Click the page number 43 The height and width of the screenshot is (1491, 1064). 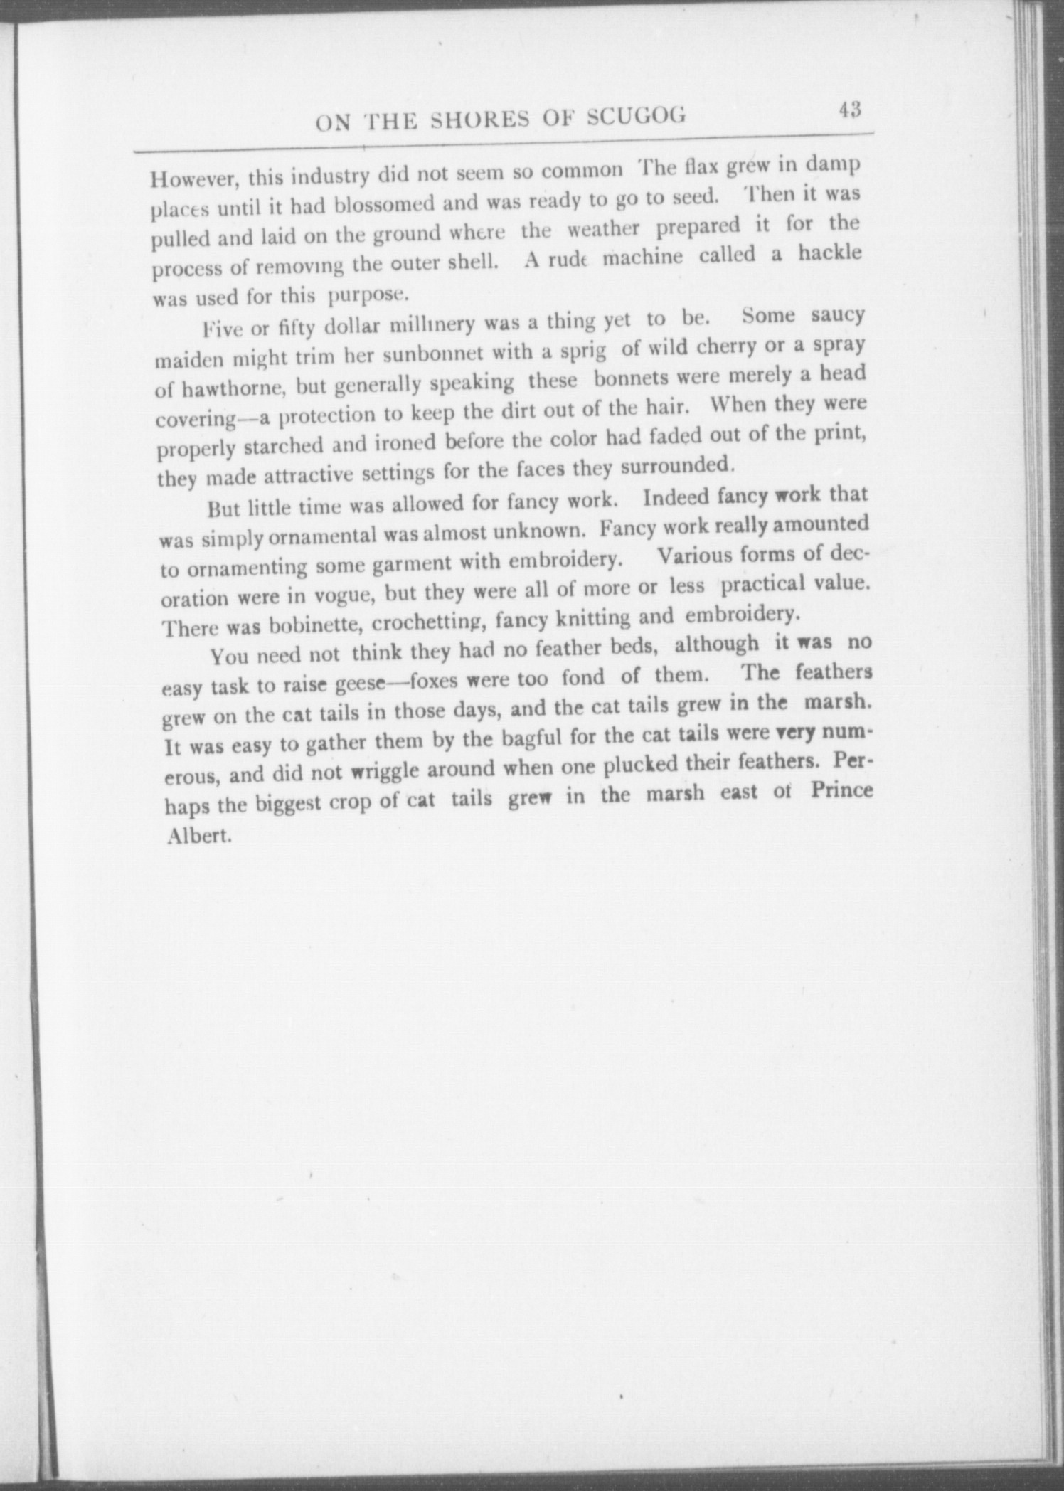pyautogui.click(x=849, y=110)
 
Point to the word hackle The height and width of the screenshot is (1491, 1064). pyautogui.click(x=829, y=253)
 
